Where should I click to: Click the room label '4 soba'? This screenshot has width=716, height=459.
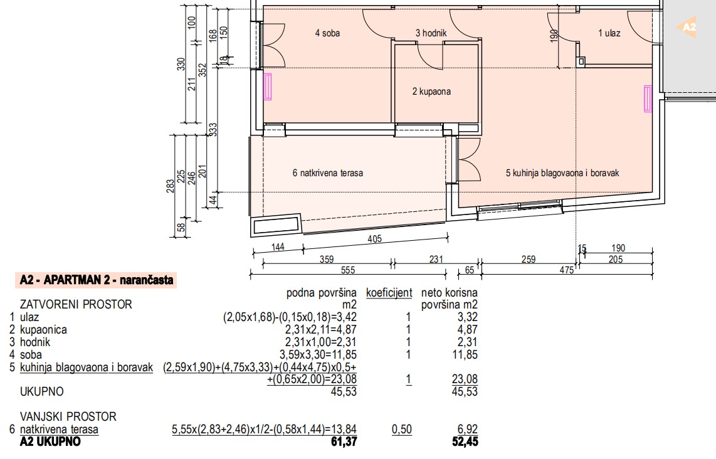coord(327,33)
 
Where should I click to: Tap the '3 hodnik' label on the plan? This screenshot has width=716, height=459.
coord(431,33)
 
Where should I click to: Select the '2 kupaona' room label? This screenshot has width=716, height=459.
coord(431,92)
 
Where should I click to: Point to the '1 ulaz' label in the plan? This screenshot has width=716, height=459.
coord(609,33)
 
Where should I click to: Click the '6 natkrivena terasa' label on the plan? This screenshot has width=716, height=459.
coord(328,172)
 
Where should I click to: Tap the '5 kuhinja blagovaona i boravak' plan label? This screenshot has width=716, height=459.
coord(562,172)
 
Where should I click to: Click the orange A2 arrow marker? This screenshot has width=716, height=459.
coord(687,27)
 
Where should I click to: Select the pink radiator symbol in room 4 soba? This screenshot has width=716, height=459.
coord(268,87)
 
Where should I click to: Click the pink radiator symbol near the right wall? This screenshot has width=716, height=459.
coord(648,98)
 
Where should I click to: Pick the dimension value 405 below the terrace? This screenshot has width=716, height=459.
coord(374,238)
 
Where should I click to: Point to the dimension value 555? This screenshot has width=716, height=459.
coord(348,270)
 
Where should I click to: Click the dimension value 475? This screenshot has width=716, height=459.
coord(566,270)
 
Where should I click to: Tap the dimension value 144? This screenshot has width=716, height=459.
coord(278,247)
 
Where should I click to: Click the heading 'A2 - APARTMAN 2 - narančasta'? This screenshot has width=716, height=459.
coord(97,280)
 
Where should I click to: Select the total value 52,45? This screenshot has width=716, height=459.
coord(465,441)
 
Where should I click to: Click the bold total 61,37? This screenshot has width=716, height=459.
coord(344,441)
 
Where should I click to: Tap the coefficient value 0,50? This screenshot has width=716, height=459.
coord(402,430)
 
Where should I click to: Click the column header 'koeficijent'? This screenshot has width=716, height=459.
coord(389,293)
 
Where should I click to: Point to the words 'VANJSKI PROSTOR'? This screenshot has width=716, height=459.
coord(68,416)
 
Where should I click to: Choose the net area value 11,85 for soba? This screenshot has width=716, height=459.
coord(465,354)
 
